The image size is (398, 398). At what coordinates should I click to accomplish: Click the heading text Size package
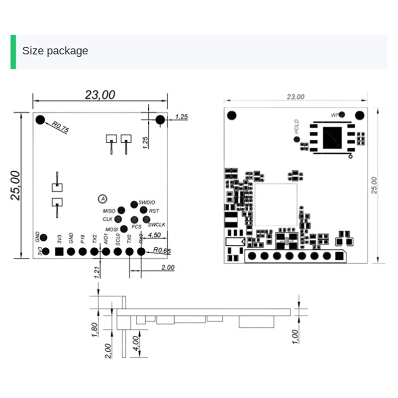pos(55,51)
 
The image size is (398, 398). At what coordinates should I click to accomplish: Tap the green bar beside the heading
pos(13,52)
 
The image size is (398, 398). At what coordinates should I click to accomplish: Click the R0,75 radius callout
pos(60,128)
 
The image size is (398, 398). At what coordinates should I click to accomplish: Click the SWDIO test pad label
pos(147,202)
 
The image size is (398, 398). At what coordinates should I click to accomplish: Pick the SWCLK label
pos(156,225)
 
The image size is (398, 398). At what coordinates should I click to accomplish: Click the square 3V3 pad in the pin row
pos(59,252)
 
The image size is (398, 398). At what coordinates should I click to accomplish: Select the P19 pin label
pos(83,239)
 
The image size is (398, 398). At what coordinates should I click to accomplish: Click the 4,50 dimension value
pos(154,235)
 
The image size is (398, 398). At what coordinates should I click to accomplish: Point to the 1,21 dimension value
pos(97,272)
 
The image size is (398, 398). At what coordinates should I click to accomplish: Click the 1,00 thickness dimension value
pos(295,336)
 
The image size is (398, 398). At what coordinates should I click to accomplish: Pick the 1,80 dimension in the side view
pos(95,329)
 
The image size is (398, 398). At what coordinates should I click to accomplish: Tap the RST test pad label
pos(154,211)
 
